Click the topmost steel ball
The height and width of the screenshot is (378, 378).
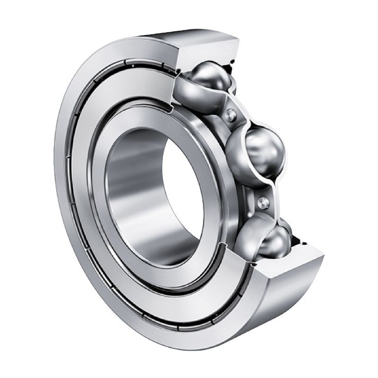[204, 78]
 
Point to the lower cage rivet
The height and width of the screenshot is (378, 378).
[263, 202]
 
